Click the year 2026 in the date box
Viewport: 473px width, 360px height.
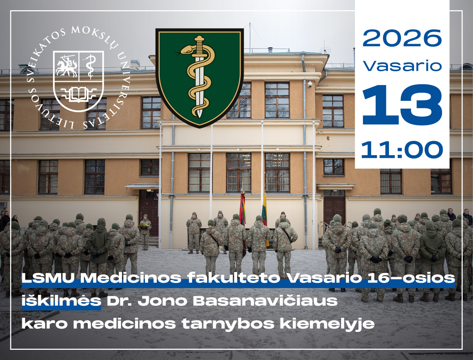[402, 38]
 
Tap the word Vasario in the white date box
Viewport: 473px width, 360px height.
[402, 66]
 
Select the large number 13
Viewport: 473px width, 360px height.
[402, 104]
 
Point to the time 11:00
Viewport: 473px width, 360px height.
[402, 150]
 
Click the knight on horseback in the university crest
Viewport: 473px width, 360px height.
[66, 66]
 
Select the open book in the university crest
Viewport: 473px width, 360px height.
[78, 94]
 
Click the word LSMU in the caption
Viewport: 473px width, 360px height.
[48, 278]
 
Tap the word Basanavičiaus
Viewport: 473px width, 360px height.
[265, 301]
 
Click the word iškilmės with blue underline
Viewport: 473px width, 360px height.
[61, 301]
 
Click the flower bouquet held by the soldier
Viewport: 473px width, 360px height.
[144, 226]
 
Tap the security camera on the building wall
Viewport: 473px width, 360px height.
[310, 84]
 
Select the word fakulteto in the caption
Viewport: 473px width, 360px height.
[234, 278]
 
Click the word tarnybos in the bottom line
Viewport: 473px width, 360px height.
[228, 324]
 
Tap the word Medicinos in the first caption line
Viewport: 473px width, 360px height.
[131, 278]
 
